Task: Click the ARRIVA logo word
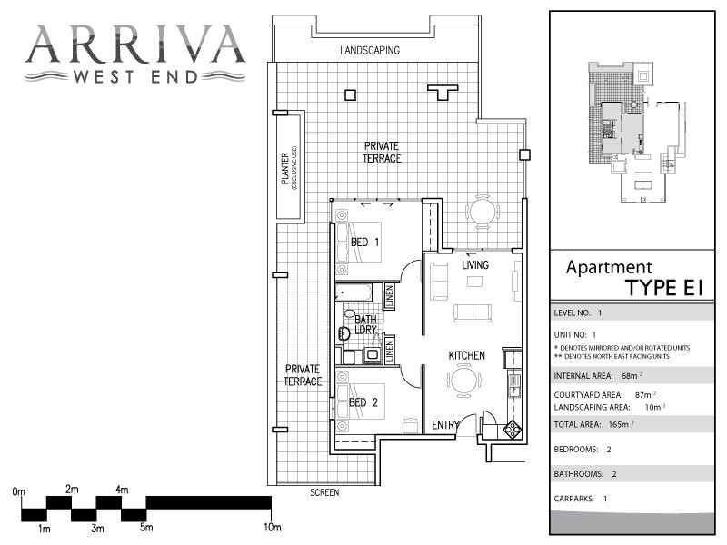(x=134, y=44)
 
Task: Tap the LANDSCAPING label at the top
(x=370, y=50)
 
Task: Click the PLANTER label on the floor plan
(x=285, y=168)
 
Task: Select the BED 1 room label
(x=365, y=242)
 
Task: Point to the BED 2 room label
(x=363, y=402)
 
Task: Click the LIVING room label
(x=474, y=264)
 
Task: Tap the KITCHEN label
(x=466, y=355)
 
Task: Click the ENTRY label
(x=445, y=425)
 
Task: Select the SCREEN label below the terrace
(x=324, y=492)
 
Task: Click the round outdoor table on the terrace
(x=483, y=213)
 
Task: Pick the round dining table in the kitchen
(x=464, y=380)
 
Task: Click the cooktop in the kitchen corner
(x=513, y=429)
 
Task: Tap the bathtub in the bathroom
(x=354, y=292)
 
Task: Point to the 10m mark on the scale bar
(x=272, y=527)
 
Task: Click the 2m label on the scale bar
(x=72, y=489)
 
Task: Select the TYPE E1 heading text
(x=664, y=288)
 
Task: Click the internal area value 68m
(x=631, y=376)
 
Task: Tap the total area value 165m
(x=621, y=424)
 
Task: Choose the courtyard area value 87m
(x=645, y=395)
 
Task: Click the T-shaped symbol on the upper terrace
(x=443, y=92)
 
